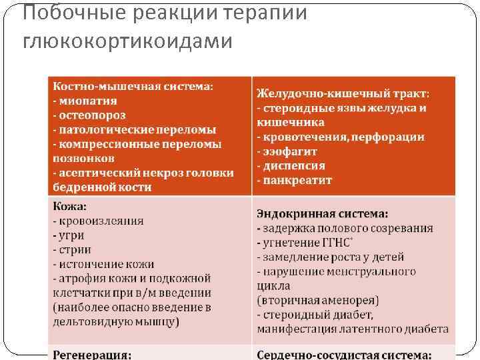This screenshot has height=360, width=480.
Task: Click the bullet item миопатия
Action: click(x=87, y=101)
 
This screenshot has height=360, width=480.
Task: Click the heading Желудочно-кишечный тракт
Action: click(x=343, y=94)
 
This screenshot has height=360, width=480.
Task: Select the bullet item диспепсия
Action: click(x=294, y=166)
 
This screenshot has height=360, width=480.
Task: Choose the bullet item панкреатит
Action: click(x=297, y=181)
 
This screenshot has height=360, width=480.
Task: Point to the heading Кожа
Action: click(x=69, y=207)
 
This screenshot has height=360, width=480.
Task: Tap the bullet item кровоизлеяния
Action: click(x=101, y=221)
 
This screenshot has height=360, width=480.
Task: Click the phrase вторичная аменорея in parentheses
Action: click(x=317, y=301)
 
